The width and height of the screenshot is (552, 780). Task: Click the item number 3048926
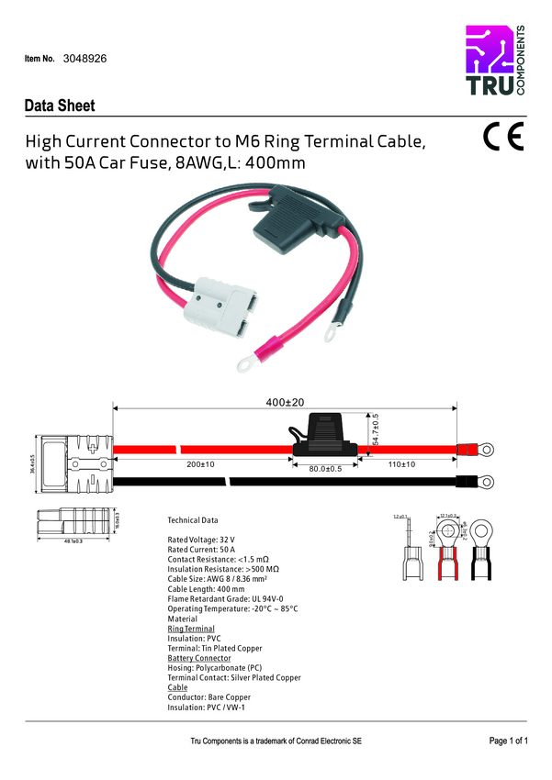84,57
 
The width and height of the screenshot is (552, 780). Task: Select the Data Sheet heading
60,106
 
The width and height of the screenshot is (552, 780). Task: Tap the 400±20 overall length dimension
285,403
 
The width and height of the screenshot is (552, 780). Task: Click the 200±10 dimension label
199,465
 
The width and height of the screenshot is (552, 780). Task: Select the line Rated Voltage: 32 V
201,540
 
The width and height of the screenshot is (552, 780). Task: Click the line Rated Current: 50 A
201,549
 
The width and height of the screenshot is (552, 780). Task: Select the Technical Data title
193,520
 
